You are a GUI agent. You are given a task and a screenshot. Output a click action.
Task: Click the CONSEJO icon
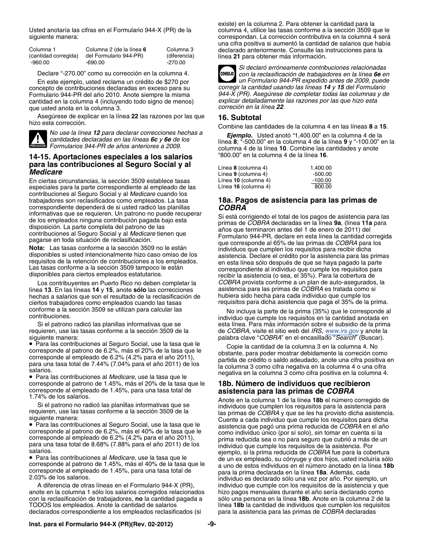tap(226, 73)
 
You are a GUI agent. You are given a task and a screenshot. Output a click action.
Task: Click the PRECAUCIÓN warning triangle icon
tap(38, 140)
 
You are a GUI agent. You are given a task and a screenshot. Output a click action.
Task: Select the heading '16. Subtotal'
tap(240, 118)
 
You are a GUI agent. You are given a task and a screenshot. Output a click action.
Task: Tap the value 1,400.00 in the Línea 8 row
tap(321, 168)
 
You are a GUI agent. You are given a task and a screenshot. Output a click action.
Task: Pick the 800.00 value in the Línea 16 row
tap(323, 187)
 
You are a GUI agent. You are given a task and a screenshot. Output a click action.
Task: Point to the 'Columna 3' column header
tap(180, 50)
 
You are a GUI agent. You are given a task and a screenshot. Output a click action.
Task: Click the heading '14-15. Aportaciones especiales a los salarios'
tap(110, 157)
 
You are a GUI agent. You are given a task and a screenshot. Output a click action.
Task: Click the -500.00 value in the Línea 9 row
tap(322, 174)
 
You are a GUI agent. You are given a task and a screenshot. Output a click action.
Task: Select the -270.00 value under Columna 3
tap(176, 62)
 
